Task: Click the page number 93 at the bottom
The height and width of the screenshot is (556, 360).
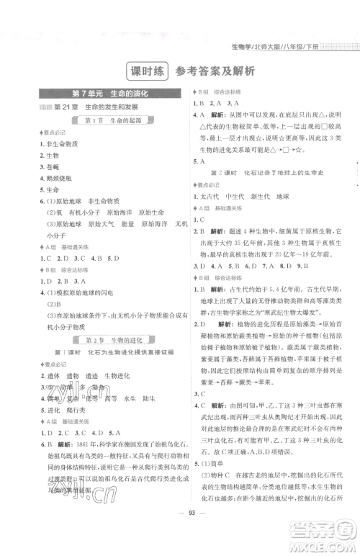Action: click(x=180, y=533)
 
